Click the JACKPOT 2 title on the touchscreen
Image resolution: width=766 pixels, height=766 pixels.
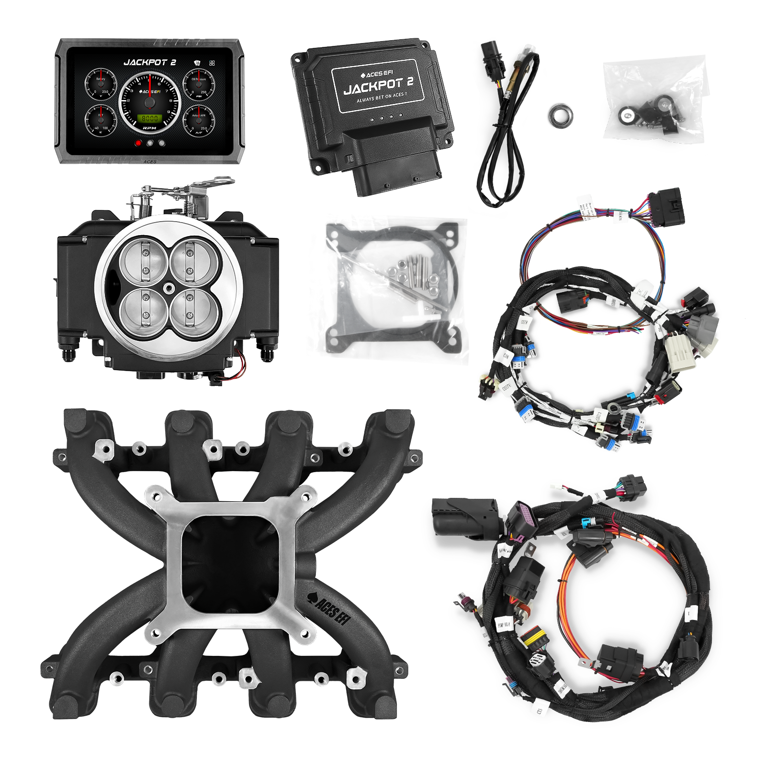click(150, 62)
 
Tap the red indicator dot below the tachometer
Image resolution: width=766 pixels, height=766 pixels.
click(138, 143)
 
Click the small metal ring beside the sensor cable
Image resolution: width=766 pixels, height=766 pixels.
click(561, 116)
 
